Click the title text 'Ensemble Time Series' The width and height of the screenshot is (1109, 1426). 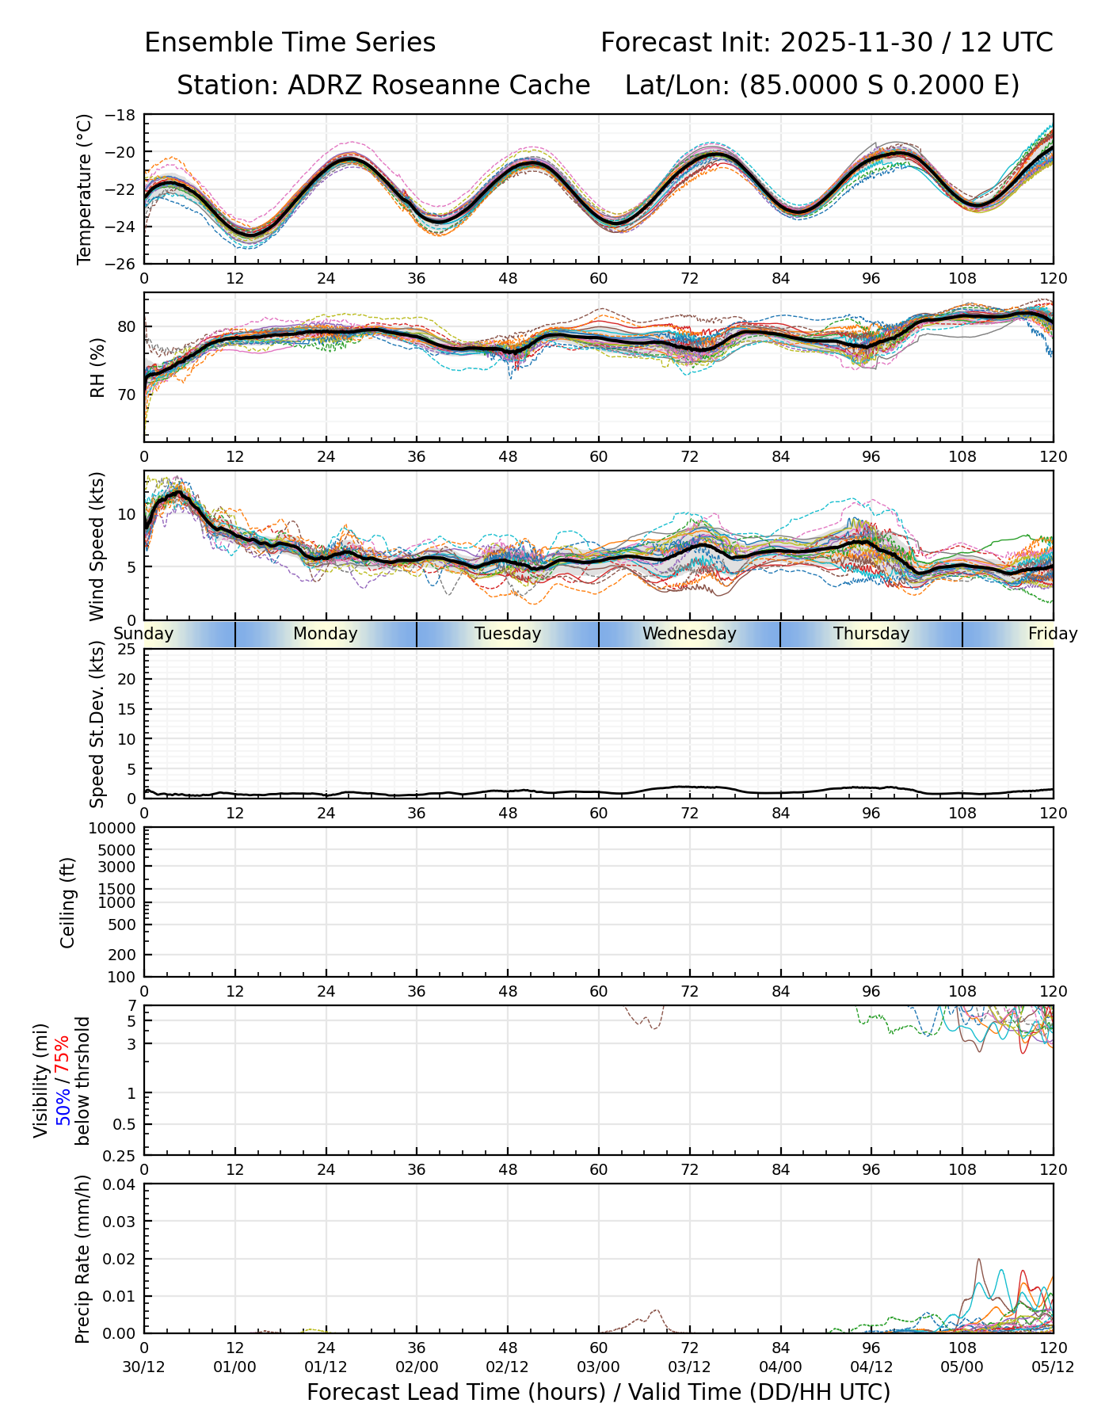(x=290, y=43)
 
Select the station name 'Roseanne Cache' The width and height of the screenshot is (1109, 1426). (x=481, y=86)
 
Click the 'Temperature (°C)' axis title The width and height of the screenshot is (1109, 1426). (x=85, y=189)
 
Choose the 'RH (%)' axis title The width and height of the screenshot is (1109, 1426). (x=97, y=367)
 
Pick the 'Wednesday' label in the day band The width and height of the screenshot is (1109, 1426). (x=689, y=634)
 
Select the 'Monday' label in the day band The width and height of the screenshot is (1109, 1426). (x=325, y=634)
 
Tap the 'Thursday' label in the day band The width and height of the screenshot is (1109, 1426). (x=871, y=634)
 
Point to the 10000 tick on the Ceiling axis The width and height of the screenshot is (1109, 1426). (x=116, y=829)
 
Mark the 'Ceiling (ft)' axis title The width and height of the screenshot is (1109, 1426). (x=68, y=902)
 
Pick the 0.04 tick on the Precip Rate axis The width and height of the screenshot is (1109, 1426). (x=120, y=1184)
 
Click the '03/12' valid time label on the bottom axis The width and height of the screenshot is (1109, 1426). (x=689, y=1367)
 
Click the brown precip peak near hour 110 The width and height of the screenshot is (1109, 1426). (x=978, y=1260)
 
